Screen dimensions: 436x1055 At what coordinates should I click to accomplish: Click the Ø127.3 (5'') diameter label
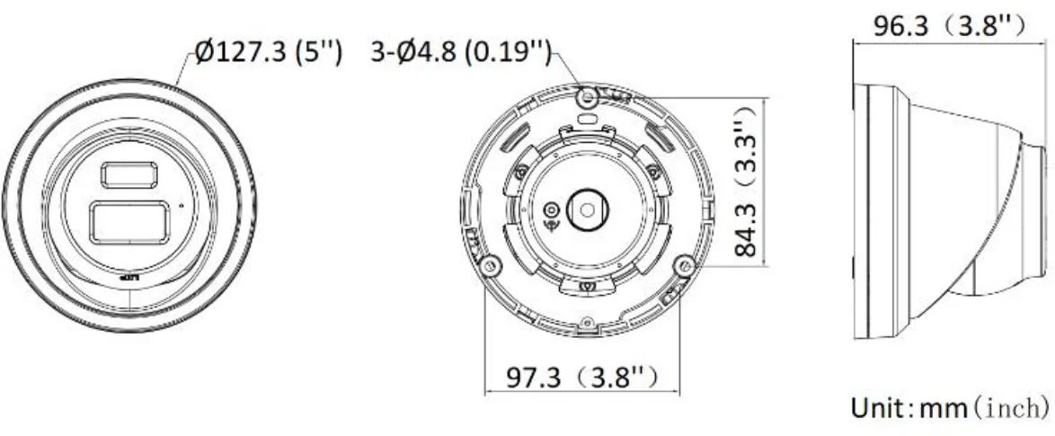coord(268,53)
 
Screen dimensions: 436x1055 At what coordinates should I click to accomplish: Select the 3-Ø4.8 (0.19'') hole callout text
coord(461,53)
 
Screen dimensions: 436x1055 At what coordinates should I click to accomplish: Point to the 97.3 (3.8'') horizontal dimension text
coord(582,375)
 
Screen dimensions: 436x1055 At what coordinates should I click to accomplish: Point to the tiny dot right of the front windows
coord(181,205)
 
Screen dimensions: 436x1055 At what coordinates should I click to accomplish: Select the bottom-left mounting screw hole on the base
coord(488,264)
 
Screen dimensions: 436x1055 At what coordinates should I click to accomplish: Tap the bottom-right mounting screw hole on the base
coord(684,264)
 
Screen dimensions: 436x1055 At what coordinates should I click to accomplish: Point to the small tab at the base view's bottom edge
coord(586,320)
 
